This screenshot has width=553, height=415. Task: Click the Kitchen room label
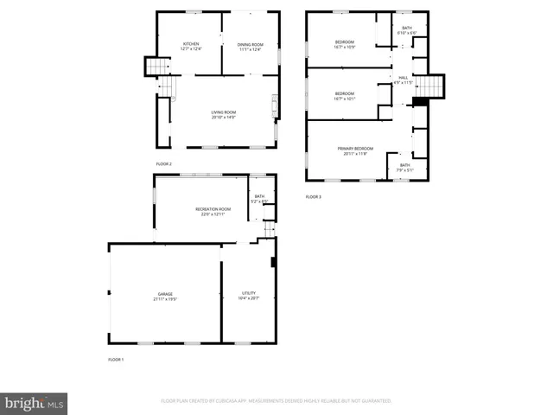coord(191,47)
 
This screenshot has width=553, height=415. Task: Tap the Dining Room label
coord(249,47)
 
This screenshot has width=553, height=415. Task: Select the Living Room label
coord(223,114)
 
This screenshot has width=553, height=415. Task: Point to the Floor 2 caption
coord(164,163)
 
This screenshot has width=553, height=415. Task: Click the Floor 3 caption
coord(313,197)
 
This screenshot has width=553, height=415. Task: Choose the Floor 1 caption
coord(116,359)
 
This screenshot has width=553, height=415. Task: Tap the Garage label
coord(164,297)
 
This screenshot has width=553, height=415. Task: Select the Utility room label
coord(248,297)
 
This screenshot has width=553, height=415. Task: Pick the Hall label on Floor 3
coord(403,80)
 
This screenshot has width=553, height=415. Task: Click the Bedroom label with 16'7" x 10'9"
coord(344,44)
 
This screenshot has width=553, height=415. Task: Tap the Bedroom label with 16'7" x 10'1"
coord(344,96)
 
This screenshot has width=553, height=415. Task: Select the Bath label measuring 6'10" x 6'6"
coord(407,30)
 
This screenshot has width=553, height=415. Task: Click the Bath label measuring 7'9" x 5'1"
coord(404,167)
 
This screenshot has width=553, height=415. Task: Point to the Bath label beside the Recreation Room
coord(259,199)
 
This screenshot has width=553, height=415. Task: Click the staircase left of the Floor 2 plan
coord(156,67)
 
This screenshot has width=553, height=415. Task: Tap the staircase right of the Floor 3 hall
coord(430,86)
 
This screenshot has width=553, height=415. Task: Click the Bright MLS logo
coord(34,402)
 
